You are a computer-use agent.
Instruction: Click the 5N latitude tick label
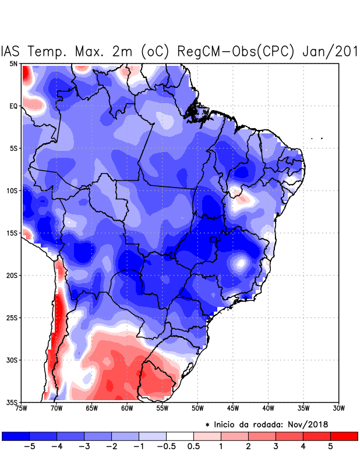tap(13, 63)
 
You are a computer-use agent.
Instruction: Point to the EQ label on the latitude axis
tap(13, 106)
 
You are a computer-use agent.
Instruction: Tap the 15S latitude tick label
tap(12, 233)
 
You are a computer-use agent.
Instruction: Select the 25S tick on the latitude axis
tap(12, 317)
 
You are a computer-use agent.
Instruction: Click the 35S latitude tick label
tap(12, 402)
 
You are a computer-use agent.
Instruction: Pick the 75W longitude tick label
tap(22, 408)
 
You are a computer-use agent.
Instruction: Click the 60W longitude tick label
tap(126, 408)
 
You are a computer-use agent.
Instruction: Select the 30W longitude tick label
tap(338, 408)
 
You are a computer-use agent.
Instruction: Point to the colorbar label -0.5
tap(165, 447)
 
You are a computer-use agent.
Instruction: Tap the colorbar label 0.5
tap(194, 447)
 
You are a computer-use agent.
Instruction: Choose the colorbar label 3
tap(275, 447)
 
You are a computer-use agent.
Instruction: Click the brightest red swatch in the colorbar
tap(344, 436)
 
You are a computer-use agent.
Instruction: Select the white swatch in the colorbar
tap(180, 436)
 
